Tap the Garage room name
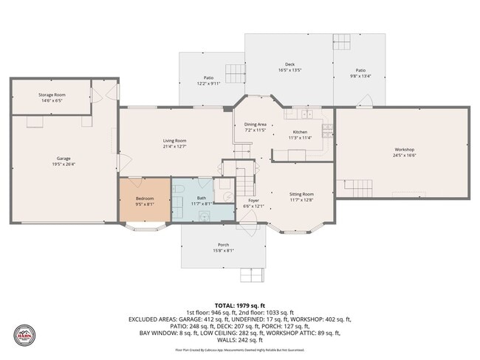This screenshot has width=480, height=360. (x=64, y=158)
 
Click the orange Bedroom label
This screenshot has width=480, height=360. (x=145, y=199)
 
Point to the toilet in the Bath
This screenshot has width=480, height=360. (x=179, y=191)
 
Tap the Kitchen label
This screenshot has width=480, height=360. (x=300, y=131)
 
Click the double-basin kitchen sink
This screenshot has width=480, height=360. (x=305, y=114)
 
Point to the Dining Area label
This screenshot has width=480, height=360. (x=255, y=125)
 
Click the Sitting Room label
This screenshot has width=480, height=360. (x=301, y=194)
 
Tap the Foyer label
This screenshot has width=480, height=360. (x=253, y=200)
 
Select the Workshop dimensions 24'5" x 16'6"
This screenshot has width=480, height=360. (x=404, y=156)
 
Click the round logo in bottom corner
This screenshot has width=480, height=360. (x=24, y=335)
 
